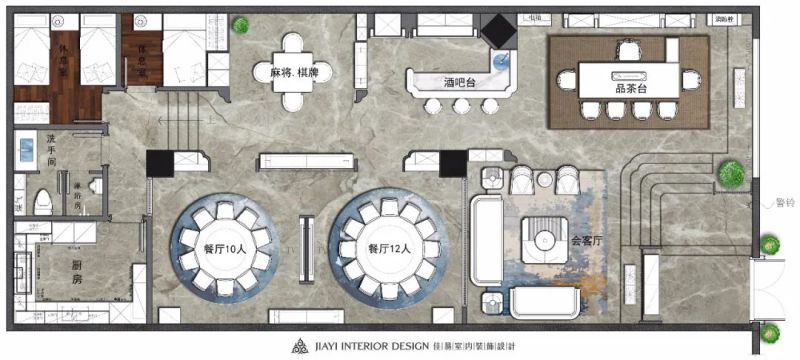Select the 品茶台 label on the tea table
631,87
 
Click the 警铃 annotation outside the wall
785,204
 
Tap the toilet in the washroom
39,201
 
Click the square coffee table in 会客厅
544,238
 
